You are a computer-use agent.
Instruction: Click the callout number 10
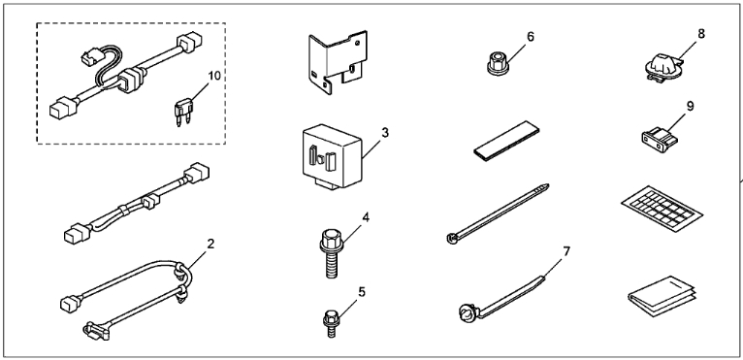point(214,76)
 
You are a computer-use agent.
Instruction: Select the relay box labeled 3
point(333,156)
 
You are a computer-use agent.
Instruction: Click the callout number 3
point(385,133)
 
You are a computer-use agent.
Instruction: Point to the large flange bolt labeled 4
point(332,253)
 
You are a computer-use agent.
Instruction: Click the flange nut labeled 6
point(499,64)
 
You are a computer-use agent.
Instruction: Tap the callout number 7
point(566,251)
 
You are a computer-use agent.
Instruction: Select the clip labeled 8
point(665,69)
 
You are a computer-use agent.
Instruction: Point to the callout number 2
point(210,244)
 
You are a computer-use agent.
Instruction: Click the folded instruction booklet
point(662,297)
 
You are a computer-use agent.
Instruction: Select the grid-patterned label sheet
point(662,208)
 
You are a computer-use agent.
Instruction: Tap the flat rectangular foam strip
point(508,140)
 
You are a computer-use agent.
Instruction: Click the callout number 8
point(701,34)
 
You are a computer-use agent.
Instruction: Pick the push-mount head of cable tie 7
point(466,314)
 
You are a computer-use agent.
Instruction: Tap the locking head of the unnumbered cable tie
point(451,238)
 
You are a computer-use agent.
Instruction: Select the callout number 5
point(362,292)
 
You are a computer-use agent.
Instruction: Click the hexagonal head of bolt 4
point(330,236)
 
